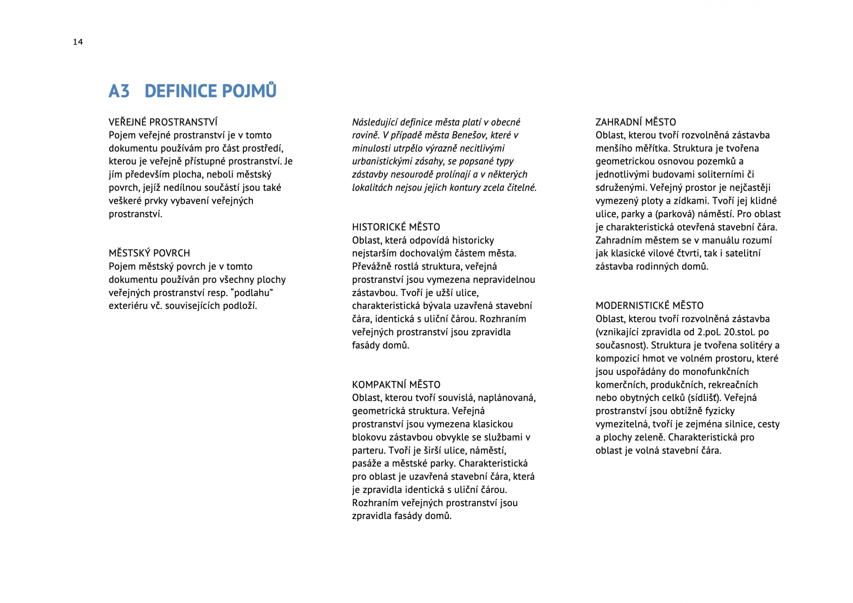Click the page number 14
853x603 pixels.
(x=78, y=42)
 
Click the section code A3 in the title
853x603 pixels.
(x=119, y=91)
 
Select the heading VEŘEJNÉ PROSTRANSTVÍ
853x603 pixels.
(x=163, y=122)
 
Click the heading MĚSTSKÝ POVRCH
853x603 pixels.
(x=149, y=253)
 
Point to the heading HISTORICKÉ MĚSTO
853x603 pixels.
(x=396, y=227)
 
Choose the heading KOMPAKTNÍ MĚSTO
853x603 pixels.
(x=396, y=385)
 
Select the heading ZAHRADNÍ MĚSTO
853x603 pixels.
(x=635, y=122)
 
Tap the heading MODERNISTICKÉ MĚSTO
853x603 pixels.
(x=650, y=305)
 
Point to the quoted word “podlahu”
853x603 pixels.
(x=251, y=293)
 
